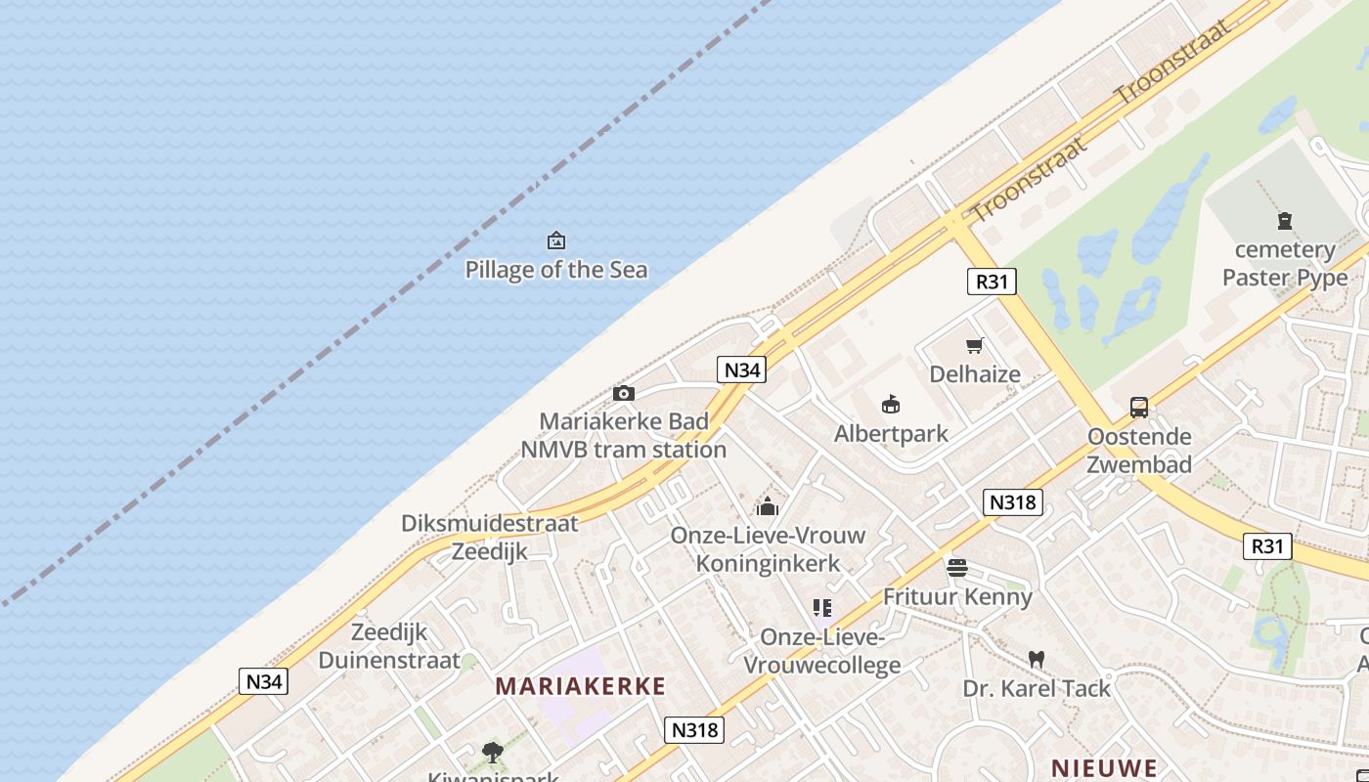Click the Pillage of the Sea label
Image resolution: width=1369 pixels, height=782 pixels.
pos(555,269)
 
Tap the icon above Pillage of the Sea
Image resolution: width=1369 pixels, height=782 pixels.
pos(555,240)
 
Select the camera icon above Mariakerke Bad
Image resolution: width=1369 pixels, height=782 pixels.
pos(623,393)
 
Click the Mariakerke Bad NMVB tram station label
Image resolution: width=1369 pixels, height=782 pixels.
pos(623,436)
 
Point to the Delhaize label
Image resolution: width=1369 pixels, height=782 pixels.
pos(974,373)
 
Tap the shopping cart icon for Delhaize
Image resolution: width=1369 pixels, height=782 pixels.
pos(974,345)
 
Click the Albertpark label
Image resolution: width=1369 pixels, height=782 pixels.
pos(890,433)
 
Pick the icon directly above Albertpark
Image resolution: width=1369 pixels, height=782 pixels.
pos(890,404)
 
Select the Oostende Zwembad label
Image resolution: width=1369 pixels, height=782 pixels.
pos(1139,450)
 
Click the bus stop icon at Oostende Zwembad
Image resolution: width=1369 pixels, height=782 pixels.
pos(1139,408)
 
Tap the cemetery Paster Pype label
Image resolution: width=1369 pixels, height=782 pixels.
pos(1284,264)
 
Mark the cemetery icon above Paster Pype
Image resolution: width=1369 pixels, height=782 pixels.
pos(1284,221)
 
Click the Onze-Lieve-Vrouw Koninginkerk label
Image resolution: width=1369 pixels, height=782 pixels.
pos(768,549)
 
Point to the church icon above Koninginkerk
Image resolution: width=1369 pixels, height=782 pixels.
pos(768,506)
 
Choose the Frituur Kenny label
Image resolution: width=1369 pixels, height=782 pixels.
pos(956,596)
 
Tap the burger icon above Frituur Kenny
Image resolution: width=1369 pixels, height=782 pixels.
pos(956,568)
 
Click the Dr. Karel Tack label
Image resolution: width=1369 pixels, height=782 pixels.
pos(1037,688)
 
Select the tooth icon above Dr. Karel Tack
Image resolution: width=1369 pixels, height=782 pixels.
pos(1037,660)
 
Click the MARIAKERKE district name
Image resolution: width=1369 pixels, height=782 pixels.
pos(580,686)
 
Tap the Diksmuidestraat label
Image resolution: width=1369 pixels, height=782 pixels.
pos(489,523)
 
